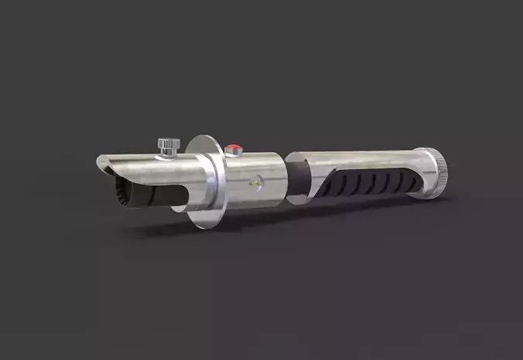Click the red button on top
pyautogui.click(x=234, y=145)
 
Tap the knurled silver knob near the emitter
pyautogui.click(x=165, y=143)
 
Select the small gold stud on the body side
pyautogui.click(x=252, y=184)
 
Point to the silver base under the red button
pyautogui.click(x=234, y=153)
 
